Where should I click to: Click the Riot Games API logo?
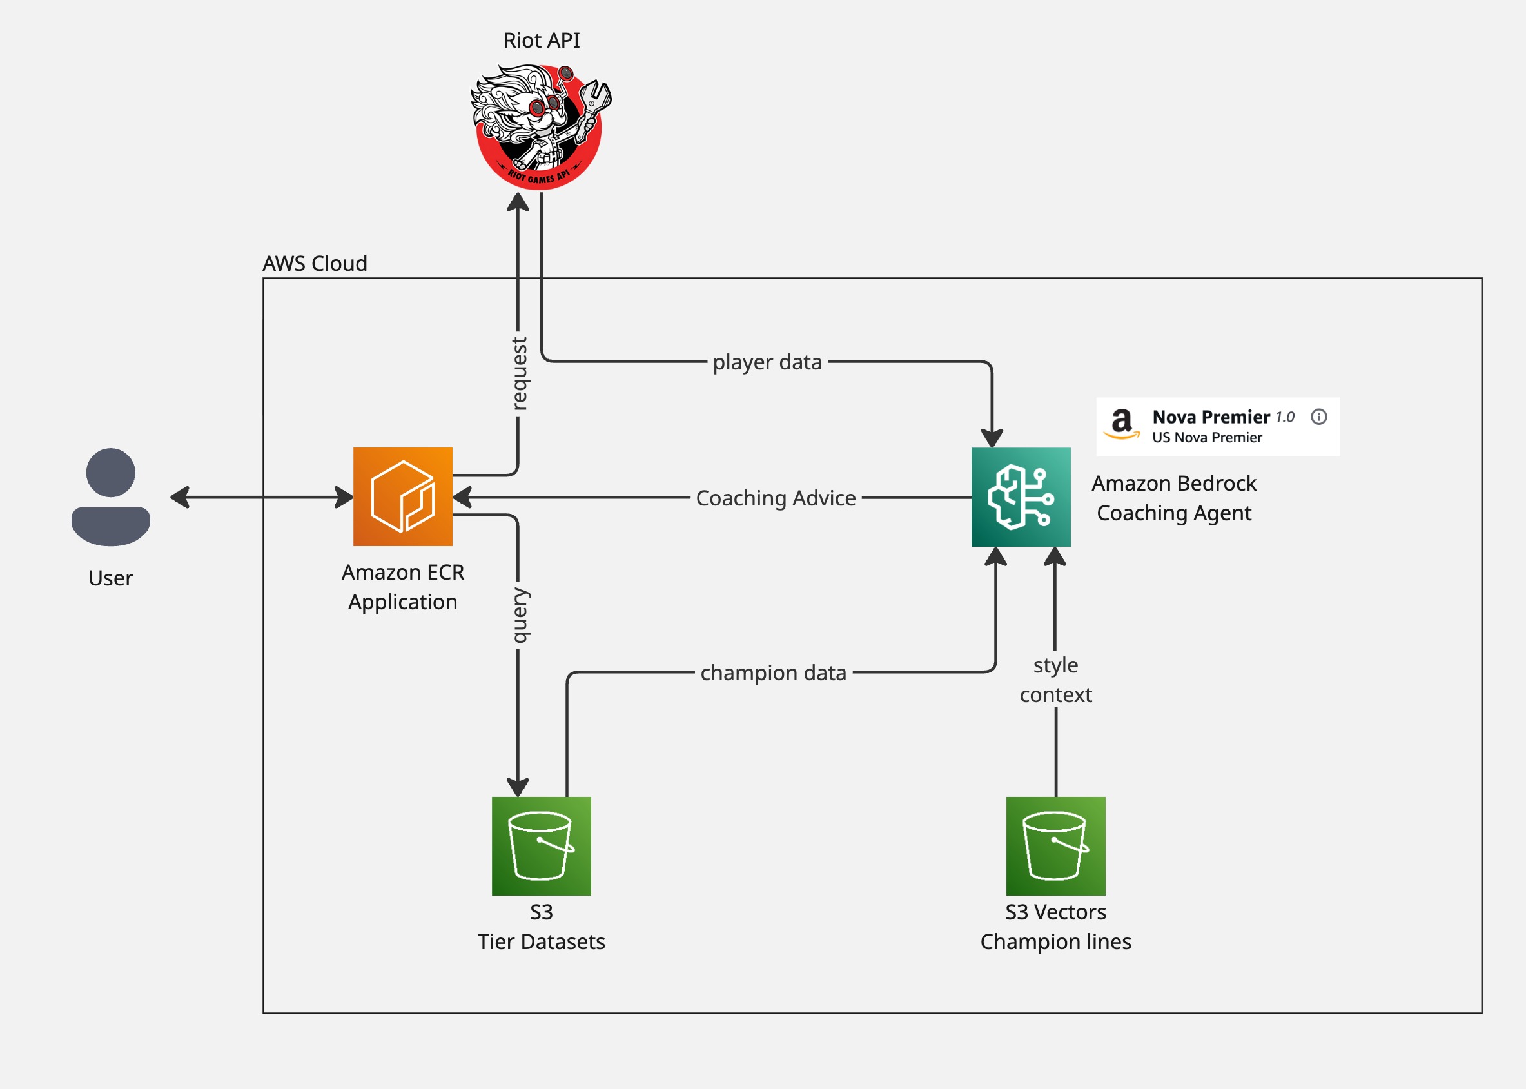point(540,128)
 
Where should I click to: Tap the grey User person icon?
point(111,497)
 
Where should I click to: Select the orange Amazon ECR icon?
point(402,497)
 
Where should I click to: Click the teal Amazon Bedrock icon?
point(1021,497)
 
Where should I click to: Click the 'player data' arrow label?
point(767,362)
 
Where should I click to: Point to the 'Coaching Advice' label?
point(776,498)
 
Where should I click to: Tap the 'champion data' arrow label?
point(773,672)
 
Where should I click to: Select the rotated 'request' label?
point(519,373)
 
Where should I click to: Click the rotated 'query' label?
point(519,615)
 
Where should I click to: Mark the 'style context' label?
point(1055,680)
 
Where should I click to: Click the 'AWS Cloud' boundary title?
point(315,264)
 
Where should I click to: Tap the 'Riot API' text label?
point(541,40)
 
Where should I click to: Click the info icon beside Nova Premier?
point(1319,417)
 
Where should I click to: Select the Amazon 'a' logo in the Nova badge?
point(1122,424)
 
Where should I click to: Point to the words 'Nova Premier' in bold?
point(1211,417)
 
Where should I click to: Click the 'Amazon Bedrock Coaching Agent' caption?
point(1173,498)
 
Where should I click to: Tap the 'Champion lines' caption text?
point(1055,942)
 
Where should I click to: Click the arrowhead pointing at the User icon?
point(179,498)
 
